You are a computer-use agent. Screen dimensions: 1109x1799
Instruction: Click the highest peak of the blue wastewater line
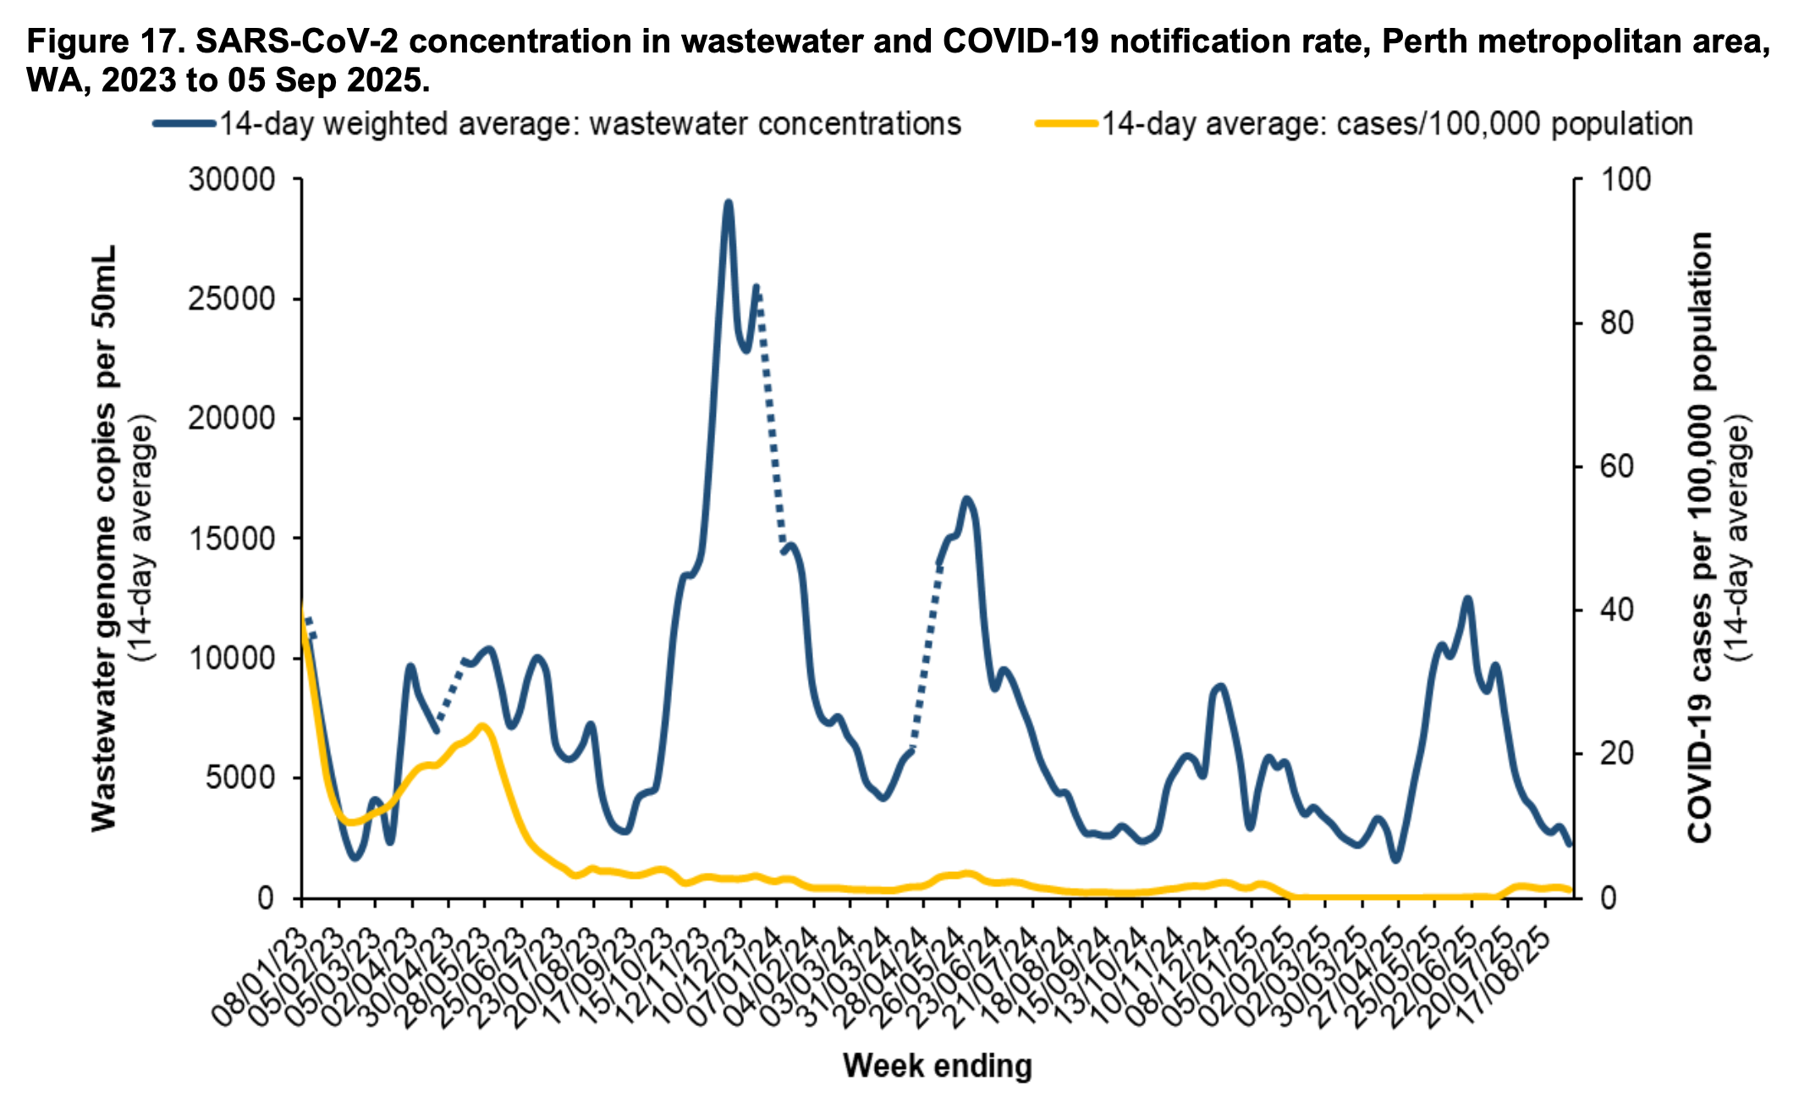(x=728, y=203)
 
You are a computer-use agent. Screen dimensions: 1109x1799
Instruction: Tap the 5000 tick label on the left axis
(x=241, y=778)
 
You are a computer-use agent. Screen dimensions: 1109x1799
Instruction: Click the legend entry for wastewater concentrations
(x=558, y=124)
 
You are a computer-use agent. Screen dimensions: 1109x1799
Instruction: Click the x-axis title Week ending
(x=938, y=1066)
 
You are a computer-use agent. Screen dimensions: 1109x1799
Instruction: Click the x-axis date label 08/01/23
(x=259, y=974)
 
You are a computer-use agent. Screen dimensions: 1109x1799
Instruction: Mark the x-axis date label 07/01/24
(x=735, y=974)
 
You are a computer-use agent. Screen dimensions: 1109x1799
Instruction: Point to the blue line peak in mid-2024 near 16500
(x=966, y=499)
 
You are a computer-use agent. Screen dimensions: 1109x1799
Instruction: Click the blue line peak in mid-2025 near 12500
(x=1467, y=599)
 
